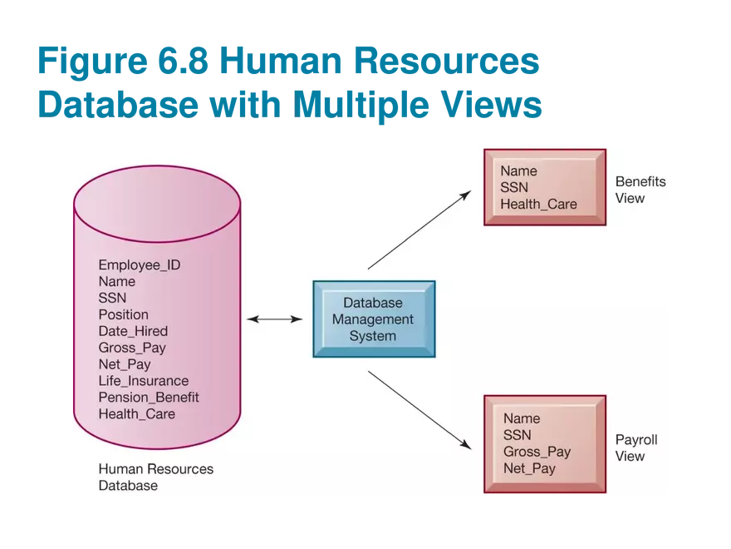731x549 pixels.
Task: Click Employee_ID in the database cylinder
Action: [140, 265]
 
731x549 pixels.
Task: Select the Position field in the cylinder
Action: [123, 314]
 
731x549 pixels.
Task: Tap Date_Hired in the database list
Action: [133, 331]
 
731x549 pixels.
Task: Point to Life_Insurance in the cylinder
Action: [144, 381]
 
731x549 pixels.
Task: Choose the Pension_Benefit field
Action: [149, 397]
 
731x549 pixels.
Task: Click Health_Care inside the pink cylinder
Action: [137, 413]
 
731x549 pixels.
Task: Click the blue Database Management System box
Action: [373, 319]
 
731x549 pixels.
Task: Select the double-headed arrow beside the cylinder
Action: [274, 319]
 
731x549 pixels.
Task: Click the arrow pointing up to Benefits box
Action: [419, 230]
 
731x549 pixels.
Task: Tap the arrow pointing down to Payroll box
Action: [419, 409]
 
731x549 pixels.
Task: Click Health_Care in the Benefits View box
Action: [538, 204]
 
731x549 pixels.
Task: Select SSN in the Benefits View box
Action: [514, 188]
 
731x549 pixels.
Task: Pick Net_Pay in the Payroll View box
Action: [529, 468]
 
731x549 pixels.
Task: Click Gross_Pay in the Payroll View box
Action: [537, 452]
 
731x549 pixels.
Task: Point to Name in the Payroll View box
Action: [522, 418]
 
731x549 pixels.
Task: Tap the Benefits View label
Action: [640, 190]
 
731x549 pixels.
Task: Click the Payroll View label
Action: [635, 448]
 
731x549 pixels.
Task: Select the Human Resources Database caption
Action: [155, 477]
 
